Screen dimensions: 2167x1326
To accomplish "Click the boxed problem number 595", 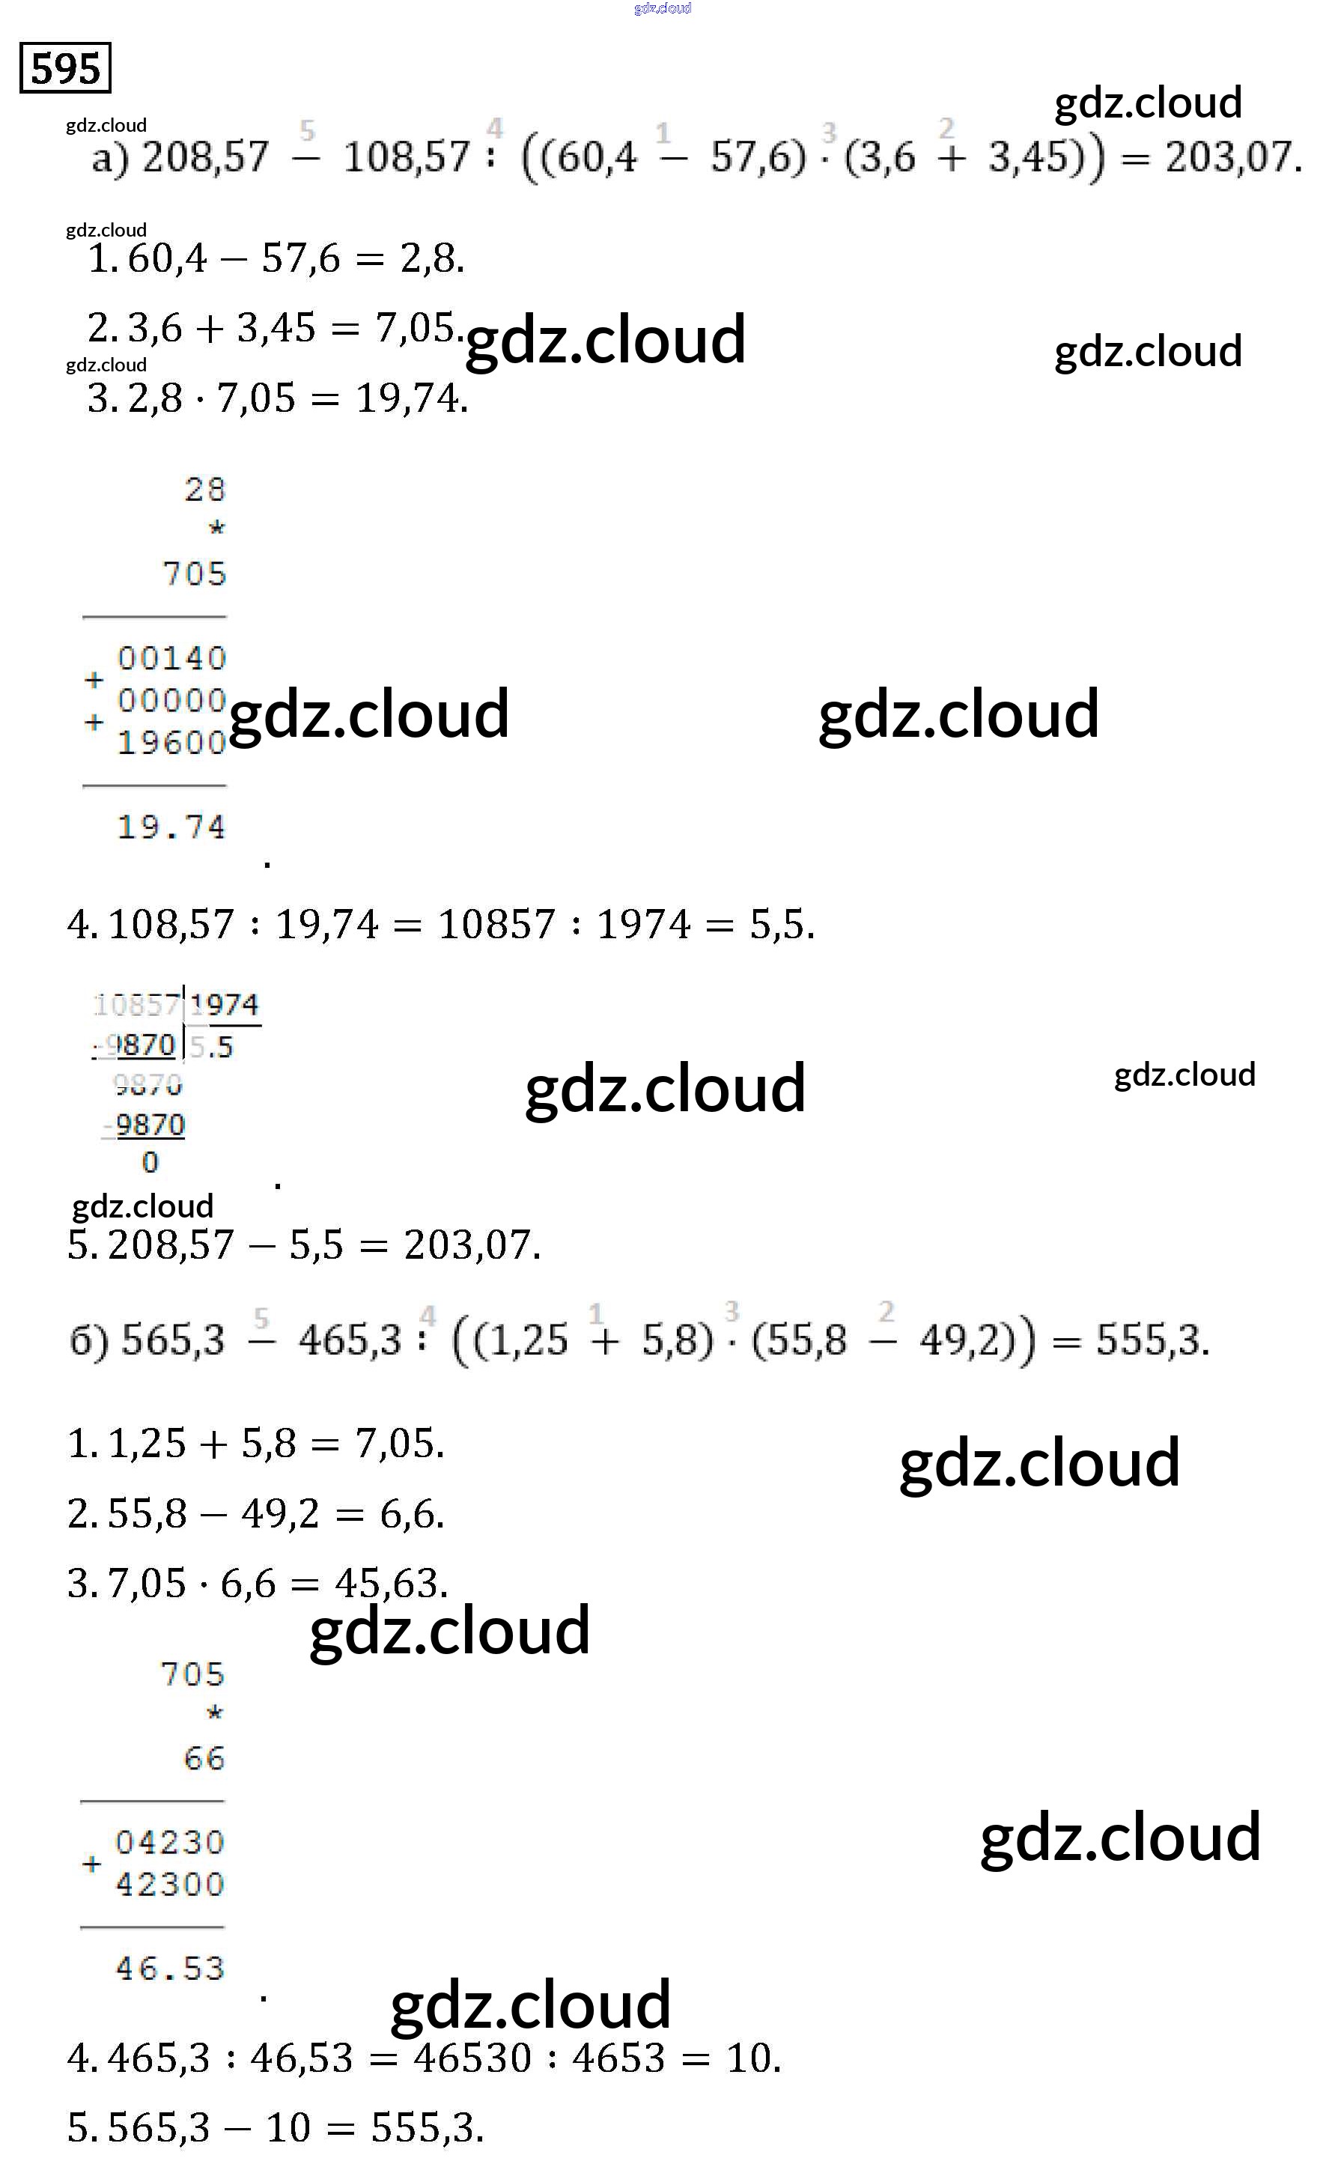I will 65,67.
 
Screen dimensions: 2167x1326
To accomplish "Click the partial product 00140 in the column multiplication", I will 171,658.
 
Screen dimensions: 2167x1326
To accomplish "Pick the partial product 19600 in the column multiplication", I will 171,742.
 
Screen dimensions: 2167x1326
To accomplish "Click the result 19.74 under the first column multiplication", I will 171,827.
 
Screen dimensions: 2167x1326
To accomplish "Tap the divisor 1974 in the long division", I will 224,1004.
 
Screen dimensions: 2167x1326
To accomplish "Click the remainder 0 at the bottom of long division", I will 150,1162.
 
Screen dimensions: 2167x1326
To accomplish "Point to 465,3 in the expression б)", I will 349,1340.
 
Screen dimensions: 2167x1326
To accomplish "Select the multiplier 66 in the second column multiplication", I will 204,1758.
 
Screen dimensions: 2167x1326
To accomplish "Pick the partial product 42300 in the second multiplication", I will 170,1884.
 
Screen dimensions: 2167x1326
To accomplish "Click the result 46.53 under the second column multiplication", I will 170,1969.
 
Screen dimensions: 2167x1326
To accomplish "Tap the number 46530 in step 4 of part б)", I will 472,2058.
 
